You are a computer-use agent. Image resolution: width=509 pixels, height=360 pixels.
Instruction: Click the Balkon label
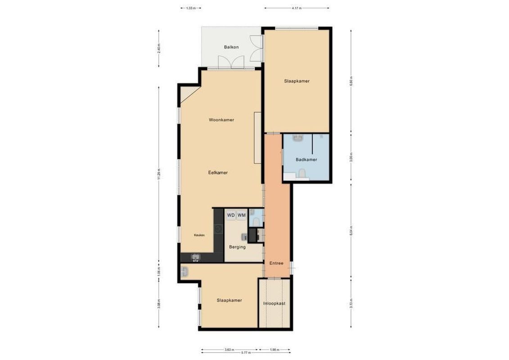point(231,47)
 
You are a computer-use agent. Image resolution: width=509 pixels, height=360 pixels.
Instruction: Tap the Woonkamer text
point(221,120)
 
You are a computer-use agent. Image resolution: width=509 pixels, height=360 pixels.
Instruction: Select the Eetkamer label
point(218,172)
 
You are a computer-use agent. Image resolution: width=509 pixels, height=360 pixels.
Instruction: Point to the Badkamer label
point(306,160)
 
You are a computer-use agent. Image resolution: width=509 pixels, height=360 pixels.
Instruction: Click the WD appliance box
point(231,215)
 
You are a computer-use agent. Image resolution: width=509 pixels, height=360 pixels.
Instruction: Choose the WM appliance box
point(242,215)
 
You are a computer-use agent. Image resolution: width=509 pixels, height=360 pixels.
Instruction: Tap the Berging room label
point(237,247)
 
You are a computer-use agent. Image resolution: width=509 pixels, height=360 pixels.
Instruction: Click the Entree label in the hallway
point(276,263)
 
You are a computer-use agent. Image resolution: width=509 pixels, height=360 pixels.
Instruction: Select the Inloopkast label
point(274,303)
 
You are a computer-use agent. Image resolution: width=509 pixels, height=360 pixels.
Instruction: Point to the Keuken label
point(199,235)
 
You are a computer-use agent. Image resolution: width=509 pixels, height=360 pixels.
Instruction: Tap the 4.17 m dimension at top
point(296,8)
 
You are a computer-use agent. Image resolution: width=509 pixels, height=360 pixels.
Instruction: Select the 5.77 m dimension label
point(245,353)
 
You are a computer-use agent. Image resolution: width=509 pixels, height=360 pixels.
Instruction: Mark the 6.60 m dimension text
point(351,81)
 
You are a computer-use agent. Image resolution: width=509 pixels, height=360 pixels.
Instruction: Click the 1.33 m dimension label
point(191,8)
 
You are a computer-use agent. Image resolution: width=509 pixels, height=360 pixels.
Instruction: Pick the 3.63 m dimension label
point(230,349)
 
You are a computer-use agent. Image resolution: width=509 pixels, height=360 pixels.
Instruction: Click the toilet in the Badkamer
point(303,173)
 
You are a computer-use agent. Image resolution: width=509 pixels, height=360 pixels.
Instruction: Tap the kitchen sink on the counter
point(196,257)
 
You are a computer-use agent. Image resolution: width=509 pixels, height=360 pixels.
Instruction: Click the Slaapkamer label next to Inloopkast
point(229,300)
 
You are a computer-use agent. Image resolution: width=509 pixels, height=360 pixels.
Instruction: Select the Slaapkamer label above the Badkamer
point(297,81)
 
